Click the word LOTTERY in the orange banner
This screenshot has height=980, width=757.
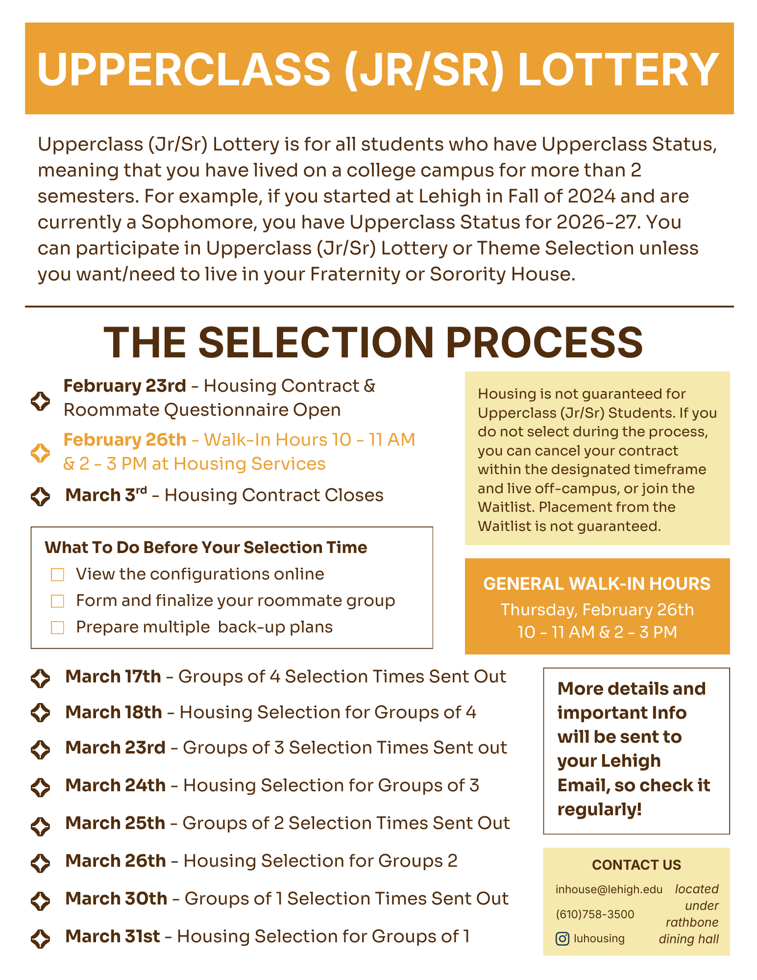(x=618, y=70)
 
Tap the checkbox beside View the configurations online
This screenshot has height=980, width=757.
(x=58, y=575)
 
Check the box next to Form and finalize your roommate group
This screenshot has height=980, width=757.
(x=58, y=601)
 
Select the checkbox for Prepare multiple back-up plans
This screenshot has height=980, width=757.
(x=58, y=628)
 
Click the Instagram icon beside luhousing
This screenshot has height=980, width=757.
(x=562, y=938)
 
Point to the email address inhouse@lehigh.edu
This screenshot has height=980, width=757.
(x=609, y=889)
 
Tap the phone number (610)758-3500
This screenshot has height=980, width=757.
(x=595, y=914)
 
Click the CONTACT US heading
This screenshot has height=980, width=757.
(x=636, y=865)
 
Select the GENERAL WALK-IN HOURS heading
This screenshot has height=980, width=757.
(x=597, y=584)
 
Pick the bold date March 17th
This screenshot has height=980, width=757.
(x=113, y=677)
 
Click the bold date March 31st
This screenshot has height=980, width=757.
(x=113, y=936)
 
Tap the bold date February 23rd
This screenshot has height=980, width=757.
(x=125, y=386)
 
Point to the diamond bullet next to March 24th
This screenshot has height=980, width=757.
(x=40, y=787)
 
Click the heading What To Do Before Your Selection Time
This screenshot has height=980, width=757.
(x=206, y=548)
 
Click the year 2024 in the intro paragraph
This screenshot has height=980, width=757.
(x=591, y=196)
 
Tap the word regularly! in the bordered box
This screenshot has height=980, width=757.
(x=599, y=809)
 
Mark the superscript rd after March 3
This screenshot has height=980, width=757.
(x=141, y=490)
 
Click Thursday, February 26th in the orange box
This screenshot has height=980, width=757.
(x=597, y=609)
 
